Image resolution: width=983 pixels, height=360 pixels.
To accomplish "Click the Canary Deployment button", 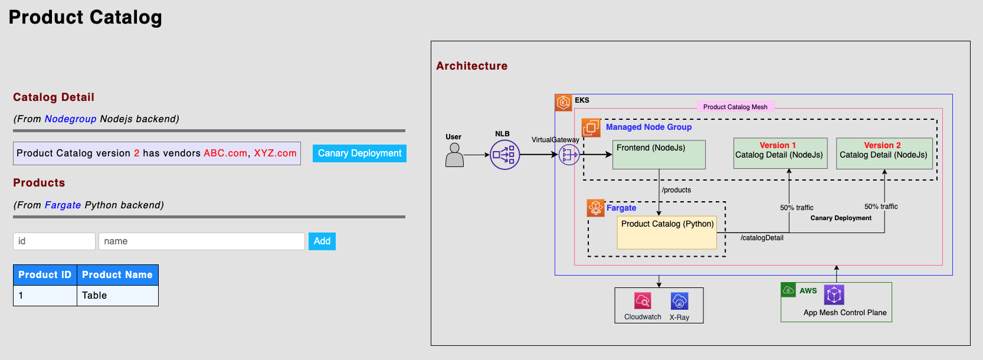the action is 359,153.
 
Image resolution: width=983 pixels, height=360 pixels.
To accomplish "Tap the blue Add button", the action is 322,241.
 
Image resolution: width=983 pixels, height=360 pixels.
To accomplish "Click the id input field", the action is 54,241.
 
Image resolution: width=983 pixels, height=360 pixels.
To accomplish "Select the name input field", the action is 201,241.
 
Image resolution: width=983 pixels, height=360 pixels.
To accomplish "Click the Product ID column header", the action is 45,275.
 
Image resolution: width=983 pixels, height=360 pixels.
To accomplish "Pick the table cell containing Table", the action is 117,296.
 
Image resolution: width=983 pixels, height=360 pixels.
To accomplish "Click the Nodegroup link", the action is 70,119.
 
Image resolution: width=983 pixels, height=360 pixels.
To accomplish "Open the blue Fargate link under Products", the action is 63,205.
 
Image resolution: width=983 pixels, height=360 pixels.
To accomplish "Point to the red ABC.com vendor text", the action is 225,153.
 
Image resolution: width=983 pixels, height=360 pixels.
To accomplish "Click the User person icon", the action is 455,155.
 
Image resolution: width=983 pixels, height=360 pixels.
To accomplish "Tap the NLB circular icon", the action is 504,155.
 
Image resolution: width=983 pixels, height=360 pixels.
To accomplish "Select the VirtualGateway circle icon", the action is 569,155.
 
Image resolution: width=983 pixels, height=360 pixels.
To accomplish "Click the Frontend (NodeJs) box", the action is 658,155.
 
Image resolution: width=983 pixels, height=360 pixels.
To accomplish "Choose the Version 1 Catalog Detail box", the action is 780,153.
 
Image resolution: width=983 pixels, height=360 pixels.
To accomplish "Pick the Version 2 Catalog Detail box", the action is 884,153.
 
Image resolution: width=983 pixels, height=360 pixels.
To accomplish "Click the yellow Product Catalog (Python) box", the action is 667,233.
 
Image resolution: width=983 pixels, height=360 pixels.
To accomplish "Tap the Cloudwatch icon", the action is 643,301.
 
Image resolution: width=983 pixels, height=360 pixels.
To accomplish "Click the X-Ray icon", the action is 679,301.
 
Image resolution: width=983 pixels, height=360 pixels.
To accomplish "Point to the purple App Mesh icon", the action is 834,294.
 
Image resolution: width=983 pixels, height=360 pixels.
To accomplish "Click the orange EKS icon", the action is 563,103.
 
